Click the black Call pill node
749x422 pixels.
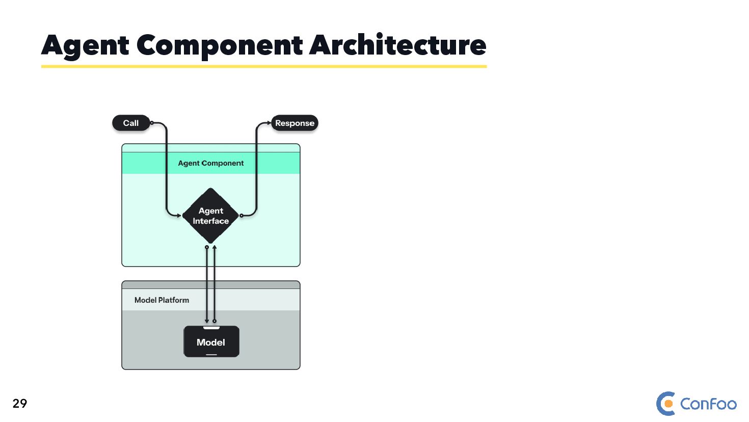[x=131, y=123]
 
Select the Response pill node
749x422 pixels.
[x=295, y=123]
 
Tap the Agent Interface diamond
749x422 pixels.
[x=210, y=216]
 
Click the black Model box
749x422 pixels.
[x=211, y=342]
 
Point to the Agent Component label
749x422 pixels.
[x=210, y=163]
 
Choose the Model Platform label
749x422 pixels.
[x=162, y=300]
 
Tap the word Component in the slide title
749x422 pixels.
[x=220, y=45]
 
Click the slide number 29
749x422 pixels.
[x=20, y=404]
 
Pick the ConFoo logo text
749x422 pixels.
[x=708, y=404]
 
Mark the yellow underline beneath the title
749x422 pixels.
[x=263, y=66]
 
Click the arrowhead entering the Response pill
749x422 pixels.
[x=269, y=123]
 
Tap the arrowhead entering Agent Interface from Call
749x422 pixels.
[x=179, y=216]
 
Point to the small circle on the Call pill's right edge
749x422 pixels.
[x=152, y=123]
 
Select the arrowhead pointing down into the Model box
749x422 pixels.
[x=207, y=321]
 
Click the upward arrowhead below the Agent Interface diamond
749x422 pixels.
[x=215, y=248]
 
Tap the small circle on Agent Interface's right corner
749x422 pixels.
[x=241, y=216]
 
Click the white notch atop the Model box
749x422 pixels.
[x=211, y=328]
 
